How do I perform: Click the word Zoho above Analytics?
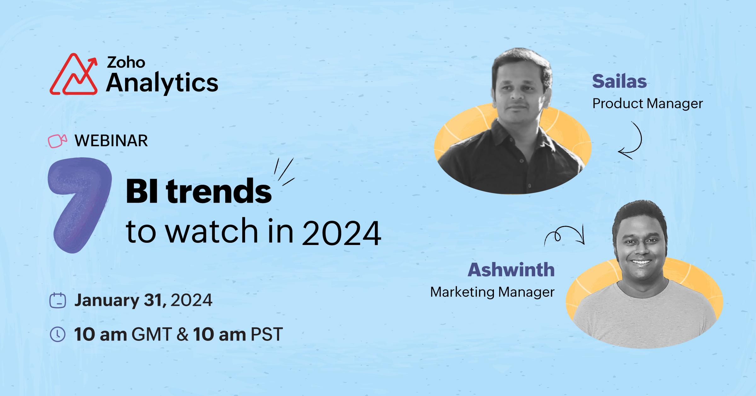click(126, 62)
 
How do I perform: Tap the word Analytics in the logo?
click(162, 83)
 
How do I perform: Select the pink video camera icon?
click(57, 141)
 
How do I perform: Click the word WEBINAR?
click(111, 141)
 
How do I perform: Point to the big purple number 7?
click(79, 205)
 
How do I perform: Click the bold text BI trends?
click(199, 191)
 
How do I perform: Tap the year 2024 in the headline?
click(341, 233)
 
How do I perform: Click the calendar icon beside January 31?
click(58, 300)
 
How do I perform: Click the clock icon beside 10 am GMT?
click(58, 334)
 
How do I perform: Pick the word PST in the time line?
click(266, 334)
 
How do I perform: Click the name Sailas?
click(619, 81)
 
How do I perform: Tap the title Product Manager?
click(648, 103)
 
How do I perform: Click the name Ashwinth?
click(511, 270)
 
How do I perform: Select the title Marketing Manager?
click(492, 292)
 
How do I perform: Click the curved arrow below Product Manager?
click(641, 139)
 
